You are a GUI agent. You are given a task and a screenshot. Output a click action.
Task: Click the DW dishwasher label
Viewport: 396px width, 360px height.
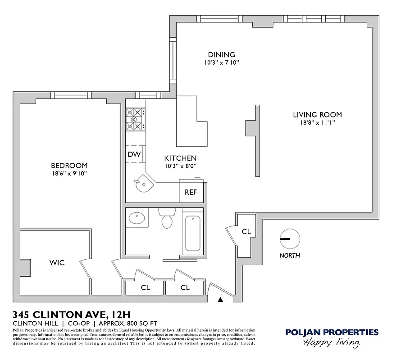134,154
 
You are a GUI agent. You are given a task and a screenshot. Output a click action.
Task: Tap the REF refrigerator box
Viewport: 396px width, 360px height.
191,192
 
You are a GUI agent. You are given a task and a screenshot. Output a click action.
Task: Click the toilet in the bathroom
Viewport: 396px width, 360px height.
167,220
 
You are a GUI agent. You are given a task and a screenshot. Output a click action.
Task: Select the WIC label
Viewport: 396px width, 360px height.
57,262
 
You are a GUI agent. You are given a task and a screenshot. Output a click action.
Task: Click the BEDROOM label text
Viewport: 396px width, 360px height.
69,166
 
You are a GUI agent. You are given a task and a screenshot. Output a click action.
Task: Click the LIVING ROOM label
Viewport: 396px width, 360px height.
317,115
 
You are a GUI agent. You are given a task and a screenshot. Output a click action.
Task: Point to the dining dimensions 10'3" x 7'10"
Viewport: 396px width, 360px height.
221,63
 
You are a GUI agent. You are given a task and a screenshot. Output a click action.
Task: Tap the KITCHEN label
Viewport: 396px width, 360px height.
180,158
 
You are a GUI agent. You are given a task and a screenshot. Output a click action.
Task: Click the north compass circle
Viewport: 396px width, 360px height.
289,239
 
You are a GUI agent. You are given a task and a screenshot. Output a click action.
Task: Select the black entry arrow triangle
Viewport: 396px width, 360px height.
220,299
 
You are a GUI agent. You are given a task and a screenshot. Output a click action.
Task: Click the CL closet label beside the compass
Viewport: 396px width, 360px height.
246,232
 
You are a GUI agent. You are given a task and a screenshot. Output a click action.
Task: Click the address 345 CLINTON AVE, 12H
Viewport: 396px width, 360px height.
72,314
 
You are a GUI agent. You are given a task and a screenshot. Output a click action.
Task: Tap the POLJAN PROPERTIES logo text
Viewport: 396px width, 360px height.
332,333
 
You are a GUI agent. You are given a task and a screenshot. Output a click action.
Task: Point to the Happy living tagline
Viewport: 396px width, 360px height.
332,343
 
